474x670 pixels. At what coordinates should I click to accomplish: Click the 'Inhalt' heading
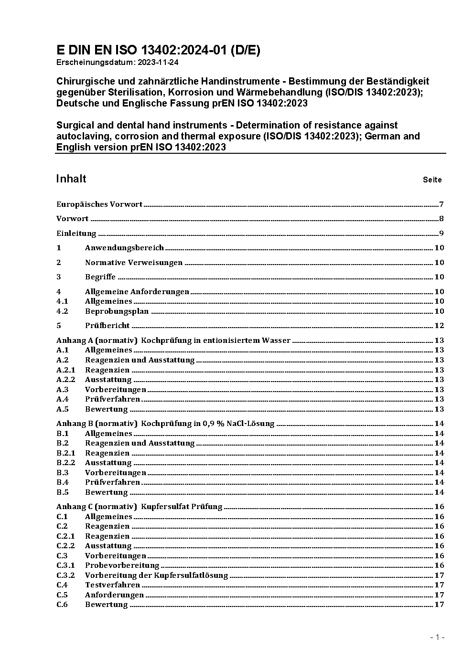coord(71,179)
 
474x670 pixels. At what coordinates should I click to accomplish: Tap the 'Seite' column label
coord(432,180)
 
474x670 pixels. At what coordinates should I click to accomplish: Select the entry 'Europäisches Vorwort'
coord(99,204)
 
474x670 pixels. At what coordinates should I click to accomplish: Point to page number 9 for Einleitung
coord(442,234)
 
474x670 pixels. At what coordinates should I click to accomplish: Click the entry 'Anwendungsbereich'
coord(124,248)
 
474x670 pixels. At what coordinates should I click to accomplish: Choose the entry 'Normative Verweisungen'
coord(134,263)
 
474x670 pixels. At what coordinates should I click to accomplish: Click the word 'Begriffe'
coord(100,277)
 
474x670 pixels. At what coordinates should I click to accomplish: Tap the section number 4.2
coord(62,311)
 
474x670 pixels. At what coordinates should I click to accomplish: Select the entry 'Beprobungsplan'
coord(117,311)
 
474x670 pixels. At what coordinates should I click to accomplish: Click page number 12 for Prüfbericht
coord(439,326)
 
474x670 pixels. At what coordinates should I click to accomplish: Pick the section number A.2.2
coord(66,380)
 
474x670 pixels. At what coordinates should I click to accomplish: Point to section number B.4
coord(63,482)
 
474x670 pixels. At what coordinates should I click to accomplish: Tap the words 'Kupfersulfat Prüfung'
coord(182,507)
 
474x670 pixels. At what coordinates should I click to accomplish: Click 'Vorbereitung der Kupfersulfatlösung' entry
coord(156,575)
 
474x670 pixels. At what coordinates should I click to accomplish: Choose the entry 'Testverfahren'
coord(112,585)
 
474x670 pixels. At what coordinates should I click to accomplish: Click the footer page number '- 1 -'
coord(437,638)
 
